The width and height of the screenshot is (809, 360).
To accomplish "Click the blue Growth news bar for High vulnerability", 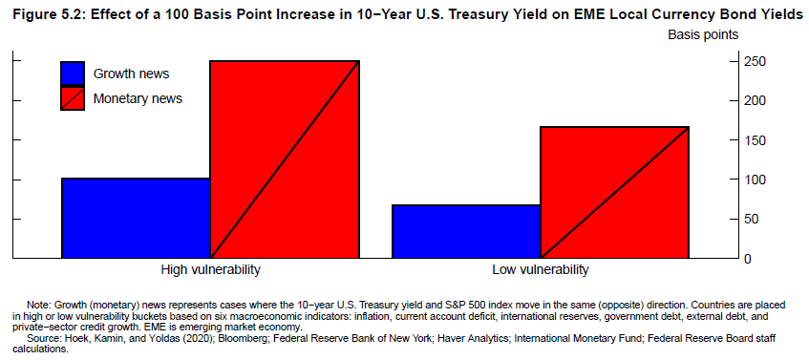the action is tap(136, 218).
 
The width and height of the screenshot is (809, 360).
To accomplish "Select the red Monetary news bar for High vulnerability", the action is tap(285, 159).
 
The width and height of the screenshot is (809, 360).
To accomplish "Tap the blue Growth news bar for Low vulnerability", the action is tap(466, 232).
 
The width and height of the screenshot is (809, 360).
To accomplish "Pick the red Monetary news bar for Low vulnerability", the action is tap(615, 192).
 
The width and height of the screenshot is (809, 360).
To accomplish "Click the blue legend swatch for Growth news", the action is tap(73, 74).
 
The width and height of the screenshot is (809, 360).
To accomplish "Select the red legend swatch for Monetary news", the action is tap(73, 98).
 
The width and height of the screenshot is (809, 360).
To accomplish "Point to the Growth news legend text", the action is tap(131, 74).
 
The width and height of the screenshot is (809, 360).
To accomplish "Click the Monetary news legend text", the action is tap(138, 98).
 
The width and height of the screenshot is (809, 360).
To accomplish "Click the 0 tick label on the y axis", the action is tap(748, 259).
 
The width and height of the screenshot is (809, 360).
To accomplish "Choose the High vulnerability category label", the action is tap(210, 269).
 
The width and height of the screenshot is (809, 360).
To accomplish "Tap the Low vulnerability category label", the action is tap(541, 269).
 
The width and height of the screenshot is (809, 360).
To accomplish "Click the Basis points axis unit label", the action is tap(703, 35).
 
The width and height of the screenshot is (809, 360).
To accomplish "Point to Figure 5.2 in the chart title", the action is tap(48, 14).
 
